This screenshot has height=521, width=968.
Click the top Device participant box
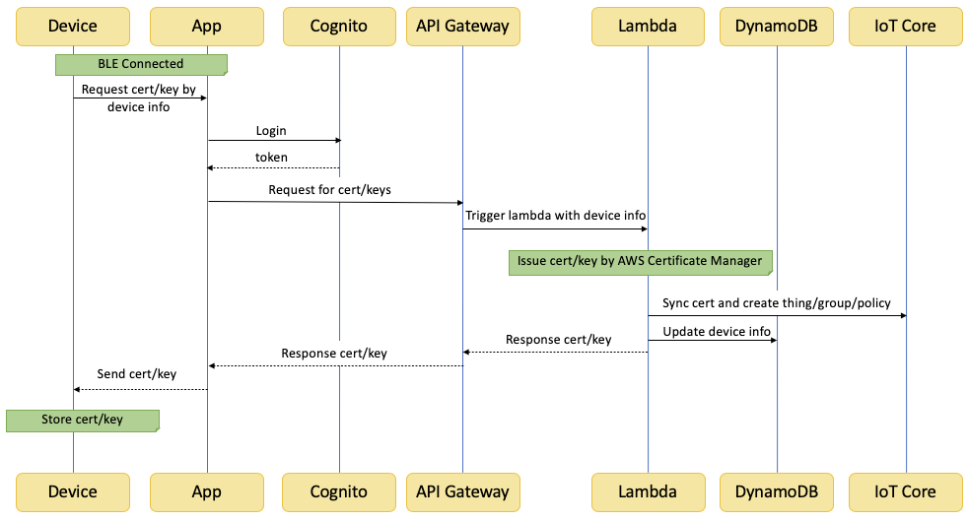(73, 27)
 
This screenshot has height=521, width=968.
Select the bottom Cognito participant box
(339, 492)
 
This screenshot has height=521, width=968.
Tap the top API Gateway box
(463, 27)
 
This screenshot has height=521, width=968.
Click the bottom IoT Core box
(906, 492)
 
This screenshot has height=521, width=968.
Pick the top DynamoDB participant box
(777, 27)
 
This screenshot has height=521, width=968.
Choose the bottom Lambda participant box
(649, 492)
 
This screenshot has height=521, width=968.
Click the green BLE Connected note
(141, 64)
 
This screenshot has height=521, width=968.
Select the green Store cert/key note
(83, 421)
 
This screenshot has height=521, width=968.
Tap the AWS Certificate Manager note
(640, 262)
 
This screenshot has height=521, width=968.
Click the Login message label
(271, 131)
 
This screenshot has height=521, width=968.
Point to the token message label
(271, 158)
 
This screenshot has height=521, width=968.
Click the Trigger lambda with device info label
(555, 215)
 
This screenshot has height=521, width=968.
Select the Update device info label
(717, 331)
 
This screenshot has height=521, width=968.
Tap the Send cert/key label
(136, 373)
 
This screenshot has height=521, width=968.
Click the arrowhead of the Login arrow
(338, 141)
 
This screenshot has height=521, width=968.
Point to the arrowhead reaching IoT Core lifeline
(903, 316)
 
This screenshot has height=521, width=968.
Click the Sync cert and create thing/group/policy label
(776, 302)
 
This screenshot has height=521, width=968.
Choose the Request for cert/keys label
(329, 189)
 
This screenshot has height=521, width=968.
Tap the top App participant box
(207, 27)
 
